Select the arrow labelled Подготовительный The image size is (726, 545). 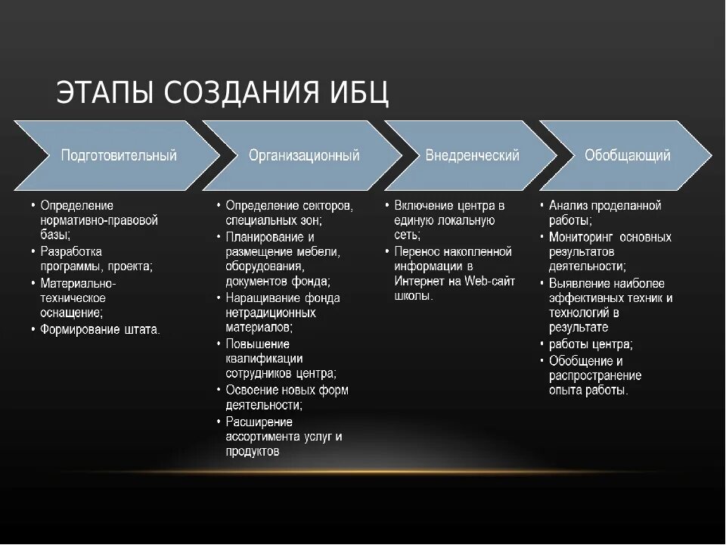coord(119,155)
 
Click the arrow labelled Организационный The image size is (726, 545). coord(304,155)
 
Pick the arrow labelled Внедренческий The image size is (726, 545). coord(472,155)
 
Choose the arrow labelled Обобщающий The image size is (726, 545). coord(627,155)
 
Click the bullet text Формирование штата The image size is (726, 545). coord(100,329)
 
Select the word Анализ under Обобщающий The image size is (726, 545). coord(568,205)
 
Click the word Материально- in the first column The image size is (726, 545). coord(78,282)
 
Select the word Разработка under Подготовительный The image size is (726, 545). coord(71,251)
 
